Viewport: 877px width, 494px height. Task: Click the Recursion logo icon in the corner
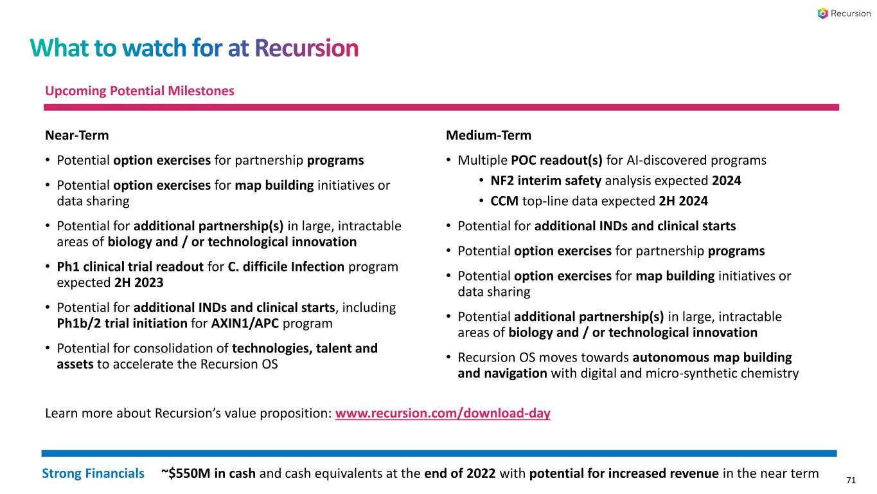pos(823,14)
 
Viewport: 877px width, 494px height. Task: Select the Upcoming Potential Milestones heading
pos(139,91)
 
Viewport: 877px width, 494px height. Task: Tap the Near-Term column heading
pos(76,136)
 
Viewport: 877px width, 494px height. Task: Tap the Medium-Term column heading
pos(488,136)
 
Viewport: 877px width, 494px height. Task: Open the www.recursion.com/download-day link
pos(443,414)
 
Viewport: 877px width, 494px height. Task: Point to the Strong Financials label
pos(93,474)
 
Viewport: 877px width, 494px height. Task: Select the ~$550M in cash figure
pos(208,474)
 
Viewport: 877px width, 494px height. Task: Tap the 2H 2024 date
pos(684,201)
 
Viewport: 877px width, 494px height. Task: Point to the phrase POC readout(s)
pos(556,160)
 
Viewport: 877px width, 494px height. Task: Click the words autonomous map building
pos(712,357)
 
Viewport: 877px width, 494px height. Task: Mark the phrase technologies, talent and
pos(305,348)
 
